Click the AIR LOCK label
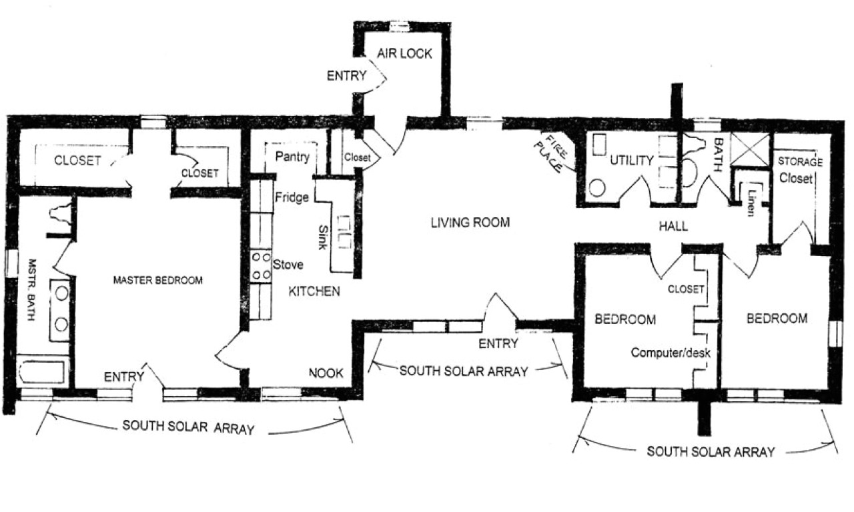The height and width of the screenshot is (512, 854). pyautogui.click(x=405, y=54)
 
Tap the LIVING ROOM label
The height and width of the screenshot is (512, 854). pyautogui.click(x=470, y=223)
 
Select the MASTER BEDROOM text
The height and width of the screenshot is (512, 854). pyautogui.click(x=157, y=280)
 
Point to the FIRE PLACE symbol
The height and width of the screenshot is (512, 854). pyautogui.click(x=554, y=152)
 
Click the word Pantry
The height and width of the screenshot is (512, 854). pyautogui.click(x=292, y=158)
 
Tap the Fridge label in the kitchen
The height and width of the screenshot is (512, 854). pyautogui.click(x=292, y=197)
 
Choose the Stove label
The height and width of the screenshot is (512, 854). pyautogui.click(x=288, y=265)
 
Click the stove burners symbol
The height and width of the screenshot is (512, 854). pyautogui.click(x=258, y=265)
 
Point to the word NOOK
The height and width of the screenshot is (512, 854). pyautogui.click(x=325, y=374)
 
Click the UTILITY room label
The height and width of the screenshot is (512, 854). pyautogui.click(x=630, y=160)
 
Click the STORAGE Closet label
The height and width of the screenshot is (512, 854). pyautogui.click(x=799, y=170)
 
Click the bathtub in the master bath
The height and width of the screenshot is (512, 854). pyautogui.click(x=42, y=371)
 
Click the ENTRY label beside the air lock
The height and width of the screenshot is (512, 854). pyautogui.click(x=346, y=76)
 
